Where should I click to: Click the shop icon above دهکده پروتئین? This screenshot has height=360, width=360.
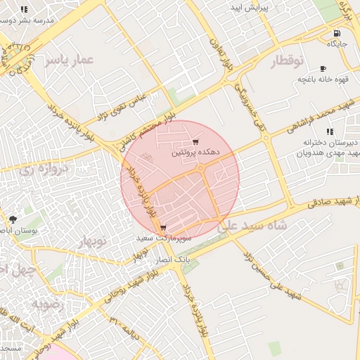tap(195, 142)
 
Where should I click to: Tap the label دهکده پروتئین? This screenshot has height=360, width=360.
tap(196, 152)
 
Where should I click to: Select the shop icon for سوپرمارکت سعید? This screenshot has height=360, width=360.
tap(163, 228)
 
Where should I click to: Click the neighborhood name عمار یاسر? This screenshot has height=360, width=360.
tap(69, 60)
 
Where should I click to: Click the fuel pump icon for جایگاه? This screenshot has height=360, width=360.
tap(338, 33)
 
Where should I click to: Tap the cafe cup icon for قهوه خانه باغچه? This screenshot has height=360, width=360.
tap(323, 69)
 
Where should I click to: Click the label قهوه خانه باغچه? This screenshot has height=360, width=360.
tap(323, 79)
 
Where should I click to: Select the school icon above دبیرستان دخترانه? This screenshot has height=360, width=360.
tap(330, 131)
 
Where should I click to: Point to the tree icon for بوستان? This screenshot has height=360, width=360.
tap(13, 220)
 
